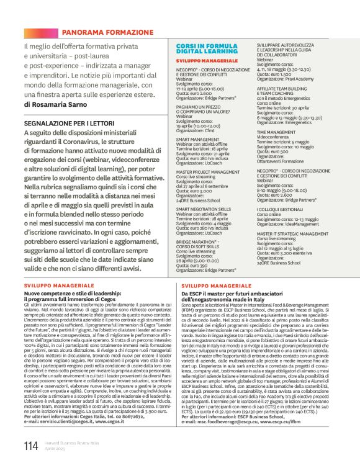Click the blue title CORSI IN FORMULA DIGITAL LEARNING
click(x=201, y=50)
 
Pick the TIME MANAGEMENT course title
click(x=276, y=132)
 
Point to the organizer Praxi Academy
click(x=295, y=79)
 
